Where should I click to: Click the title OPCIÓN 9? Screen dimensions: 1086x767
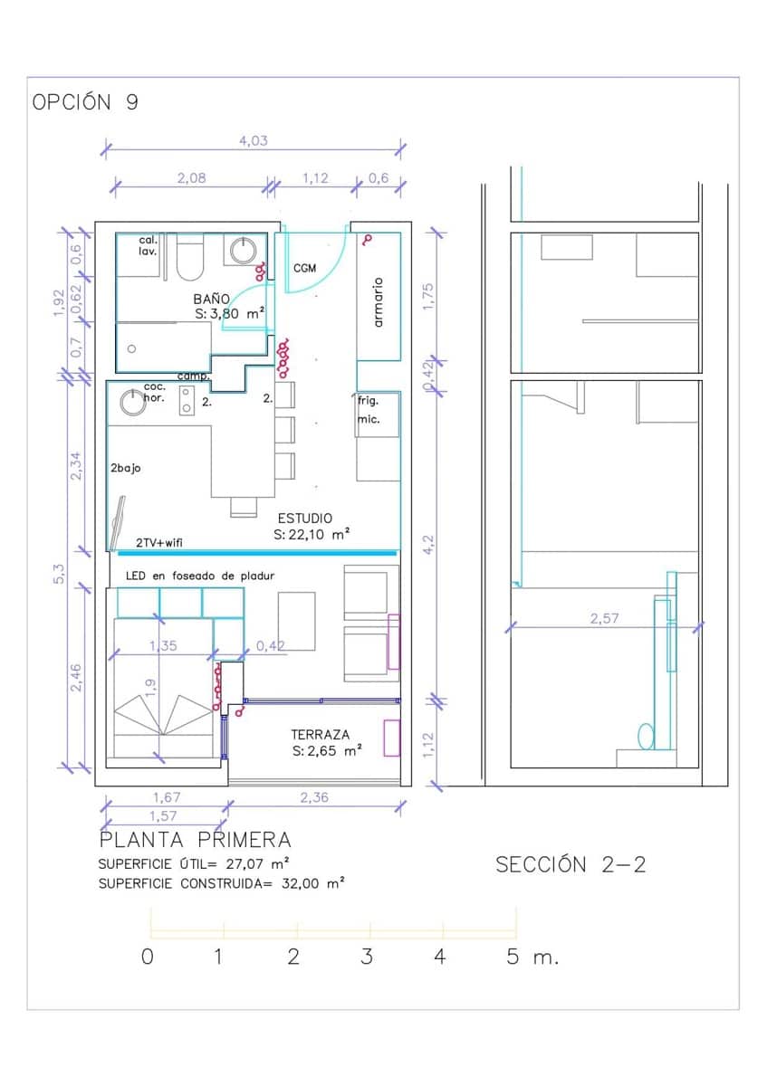[85, 102]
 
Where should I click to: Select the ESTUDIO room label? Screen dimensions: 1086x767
[304, 519]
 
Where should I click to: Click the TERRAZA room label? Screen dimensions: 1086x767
[320, 735]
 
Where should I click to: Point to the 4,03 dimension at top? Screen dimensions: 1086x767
[253, 141]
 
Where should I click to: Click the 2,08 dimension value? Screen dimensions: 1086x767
[190, 178]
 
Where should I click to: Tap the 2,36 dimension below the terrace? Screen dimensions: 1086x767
[313, 797]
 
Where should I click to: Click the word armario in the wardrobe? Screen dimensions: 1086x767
[379, 302]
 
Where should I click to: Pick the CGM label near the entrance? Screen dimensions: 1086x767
[304, 269]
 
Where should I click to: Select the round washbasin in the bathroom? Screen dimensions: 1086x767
[243, 250]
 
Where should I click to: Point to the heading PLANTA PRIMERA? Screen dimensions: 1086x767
[195, 841]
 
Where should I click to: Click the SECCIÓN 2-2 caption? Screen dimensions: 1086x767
[570, 864]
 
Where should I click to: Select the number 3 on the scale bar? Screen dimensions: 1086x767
[366, 957]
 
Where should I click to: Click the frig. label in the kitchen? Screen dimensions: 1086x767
[368, 400]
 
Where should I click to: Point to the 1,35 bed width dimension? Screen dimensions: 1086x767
[163, 646]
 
